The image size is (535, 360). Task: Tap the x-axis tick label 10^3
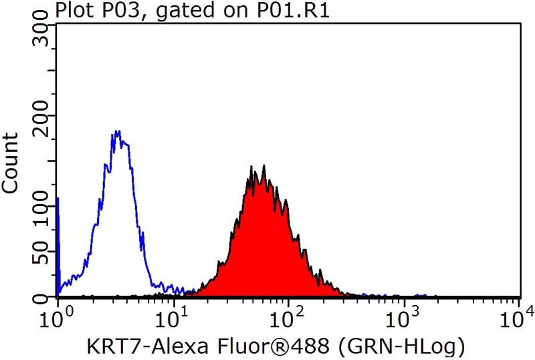[x=403, y=313]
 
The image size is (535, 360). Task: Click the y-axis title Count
[x=11, y=163]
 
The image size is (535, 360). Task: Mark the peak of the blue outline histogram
[x=118, y=131]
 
